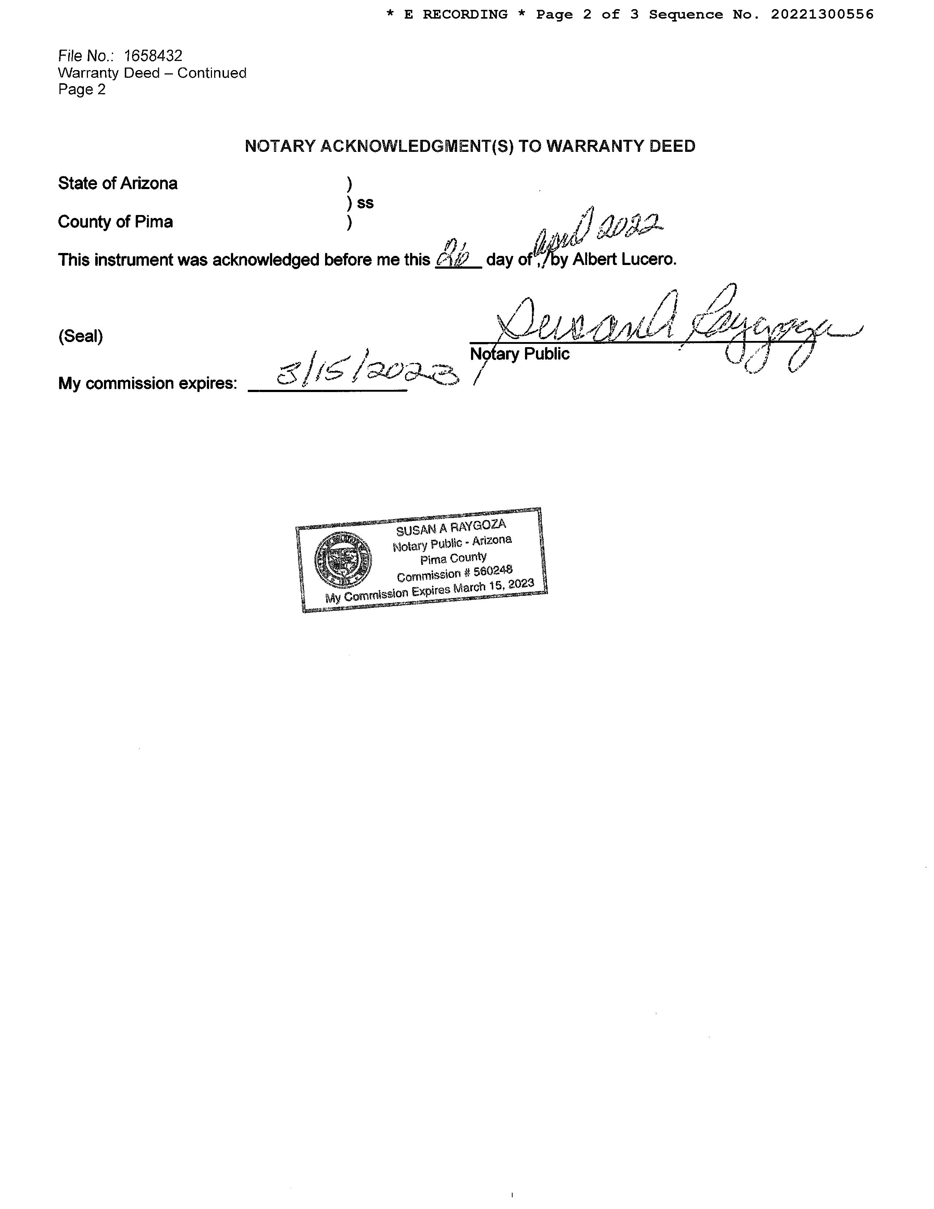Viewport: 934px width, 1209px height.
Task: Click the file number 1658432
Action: click(x=153, y=56)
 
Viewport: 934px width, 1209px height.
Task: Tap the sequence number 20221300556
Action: click(x=822, y=14)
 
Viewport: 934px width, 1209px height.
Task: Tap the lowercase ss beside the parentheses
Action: click(x=365, y=203)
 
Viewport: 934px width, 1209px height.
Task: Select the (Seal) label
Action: click(x=80, y=337)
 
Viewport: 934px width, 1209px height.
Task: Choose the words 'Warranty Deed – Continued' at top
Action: click(x=152, y=73)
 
